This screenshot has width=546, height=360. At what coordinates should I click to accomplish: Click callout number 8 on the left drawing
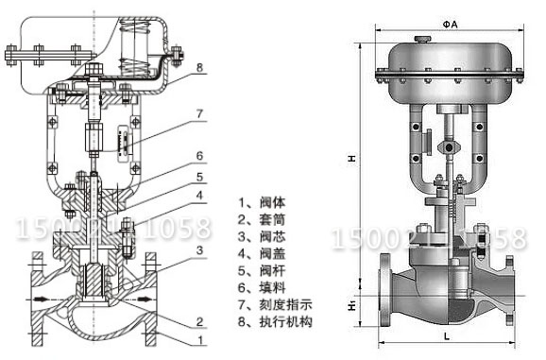(200, 67)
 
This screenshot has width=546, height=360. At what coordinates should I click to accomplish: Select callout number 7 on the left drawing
(199, 113)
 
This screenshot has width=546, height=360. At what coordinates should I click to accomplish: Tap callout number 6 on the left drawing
(199, 155)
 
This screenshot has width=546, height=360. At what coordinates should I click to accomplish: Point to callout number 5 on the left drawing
(199, 177)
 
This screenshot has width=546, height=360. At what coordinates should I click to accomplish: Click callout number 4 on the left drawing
(199, 197)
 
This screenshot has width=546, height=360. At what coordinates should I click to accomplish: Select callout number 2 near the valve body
(199, 320)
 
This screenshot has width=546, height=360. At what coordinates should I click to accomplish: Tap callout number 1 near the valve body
(199, 338)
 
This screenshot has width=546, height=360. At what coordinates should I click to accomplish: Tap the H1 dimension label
(352, 306)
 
